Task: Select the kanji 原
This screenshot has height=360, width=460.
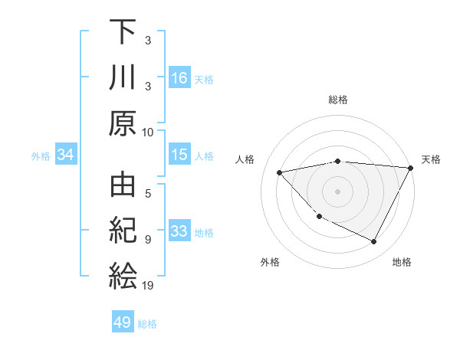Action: click(123, 123)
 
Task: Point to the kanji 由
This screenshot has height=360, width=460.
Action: click(123, 188)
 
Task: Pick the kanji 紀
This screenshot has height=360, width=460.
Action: click(123, 232)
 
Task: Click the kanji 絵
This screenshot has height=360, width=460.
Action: click(123, 276)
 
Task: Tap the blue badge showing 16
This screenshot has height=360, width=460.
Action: click(179, 77)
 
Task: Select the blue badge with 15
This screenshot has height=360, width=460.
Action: click(179, 155)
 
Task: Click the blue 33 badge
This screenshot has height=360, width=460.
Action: click(179, 231)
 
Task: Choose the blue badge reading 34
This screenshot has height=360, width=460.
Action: click(66, 155)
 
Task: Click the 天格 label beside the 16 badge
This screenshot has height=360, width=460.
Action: click(204, 79)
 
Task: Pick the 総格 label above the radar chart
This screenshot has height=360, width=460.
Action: click(337, 100)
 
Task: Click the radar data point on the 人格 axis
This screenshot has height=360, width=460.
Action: click(280, 173)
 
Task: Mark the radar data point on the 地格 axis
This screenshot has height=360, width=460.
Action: click(374, 242)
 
